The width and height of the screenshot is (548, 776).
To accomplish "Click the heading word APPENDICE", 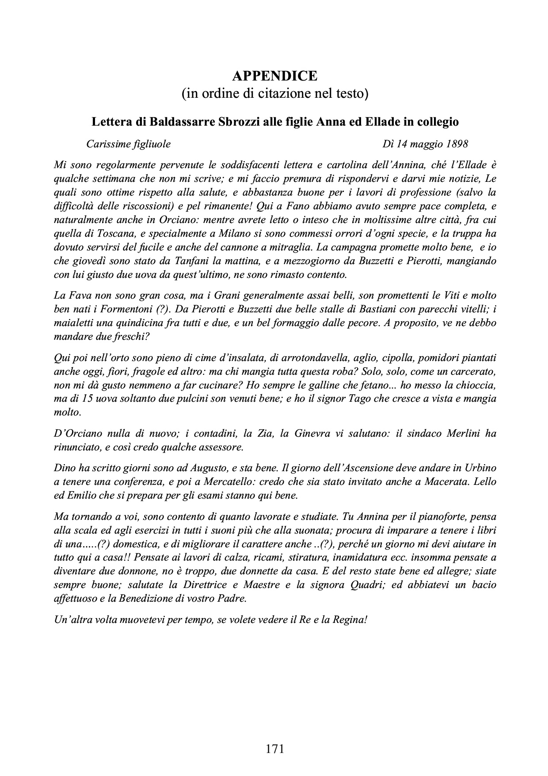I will click(x=274, y=76).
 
